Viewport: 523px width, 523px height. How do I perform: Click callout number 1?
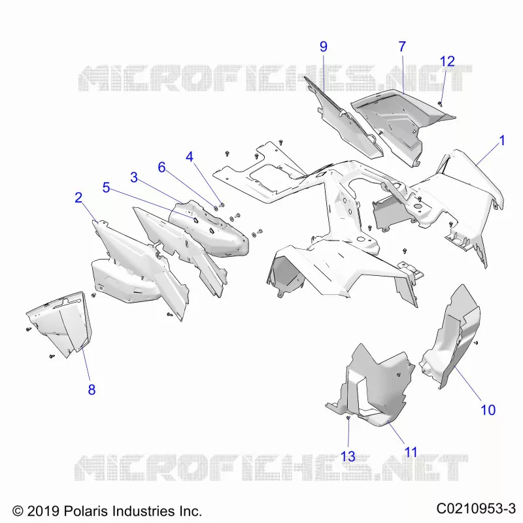[x=502, y=141]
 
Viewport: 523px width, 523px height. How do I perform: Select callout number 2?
[x=78, y=198]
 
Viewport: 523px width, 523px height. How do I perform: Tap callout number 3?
[x=134, y=177]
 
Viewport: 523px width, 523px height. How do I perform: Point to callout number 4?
[x=190, y=157]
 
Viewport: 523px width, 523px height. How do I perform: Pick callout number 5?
[x=106, y=188]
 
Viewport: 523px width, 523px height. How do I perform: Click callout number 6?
[x=161, y=167]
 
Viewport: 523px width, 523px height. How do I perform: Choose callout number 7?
[x=402, y=46]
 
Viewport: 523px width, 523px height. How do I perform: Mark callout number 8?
[x=92, y=390]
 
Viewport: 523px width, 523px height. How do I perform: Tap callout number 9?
[x=324, y=46]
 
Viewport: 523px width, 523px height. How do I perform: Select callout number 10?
[x=488, y=410]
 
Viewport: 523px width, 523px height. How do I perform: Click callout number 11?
[x=411, y=452]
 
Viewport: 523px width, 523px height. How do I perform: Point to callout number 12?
[x=447, y=61]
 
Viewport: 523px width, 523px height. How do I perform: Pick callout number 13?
[x=348, y=456]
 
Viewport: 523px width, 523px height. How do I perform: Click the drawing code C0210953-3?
[x=477, y=509]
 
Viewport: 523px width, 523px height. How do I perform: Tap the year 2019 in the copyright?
[x=43, y=511]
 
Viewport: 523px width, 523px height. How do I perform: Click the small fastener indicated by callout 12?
[x=440, y=104]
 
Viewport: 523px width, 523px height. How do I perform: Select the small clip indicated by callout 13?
[x=348, y=418]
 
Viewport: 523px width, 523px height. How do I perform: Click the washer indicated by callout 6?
[x=216, y=208]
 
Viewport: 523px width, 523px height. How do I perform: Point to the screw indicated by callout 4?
[x=222, y=205]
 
